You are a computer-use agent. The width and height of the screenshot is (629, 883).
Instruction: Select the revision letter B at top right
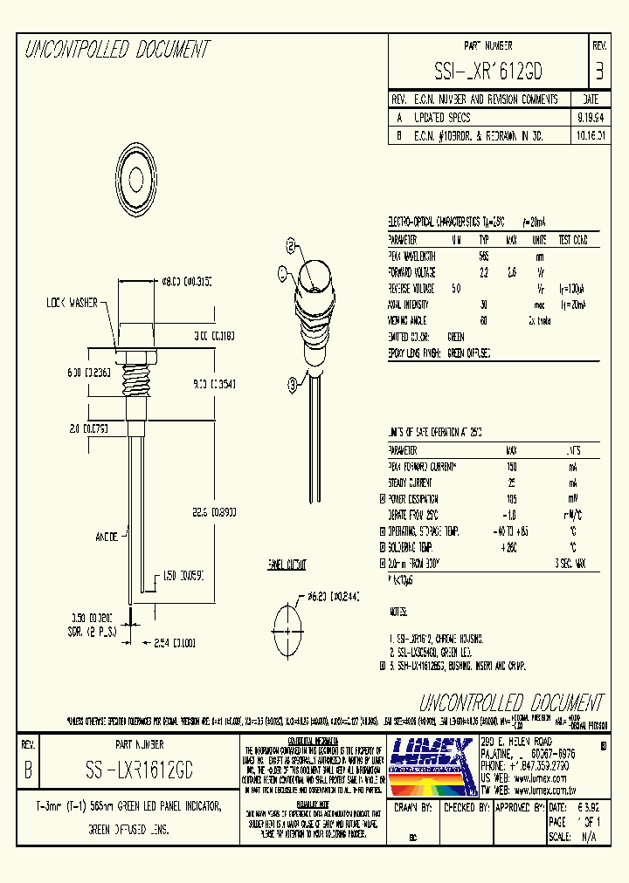point(598,70)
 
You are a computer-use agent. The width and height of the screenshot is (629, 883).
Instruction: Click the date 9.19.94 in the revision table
point(588,117)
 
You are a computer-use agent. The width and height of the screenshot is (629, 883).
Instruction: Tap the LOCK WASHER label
point(73,303)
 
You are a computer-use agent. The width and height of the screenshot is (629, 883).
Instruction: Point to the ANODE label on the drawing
point(107,537)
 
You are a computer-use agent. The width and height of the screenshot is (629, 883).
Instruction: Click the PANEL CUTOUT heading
point(287,565)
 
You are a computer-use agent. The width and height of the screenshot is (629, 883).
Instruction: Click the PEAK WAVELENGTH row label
point(418,256)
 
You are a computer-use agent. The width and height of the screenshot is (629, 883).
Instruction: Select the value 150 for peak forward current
point(511,467)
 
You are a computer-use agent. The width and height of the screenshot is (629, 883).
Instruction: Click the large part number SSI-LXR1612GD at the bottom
point(141,768)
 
